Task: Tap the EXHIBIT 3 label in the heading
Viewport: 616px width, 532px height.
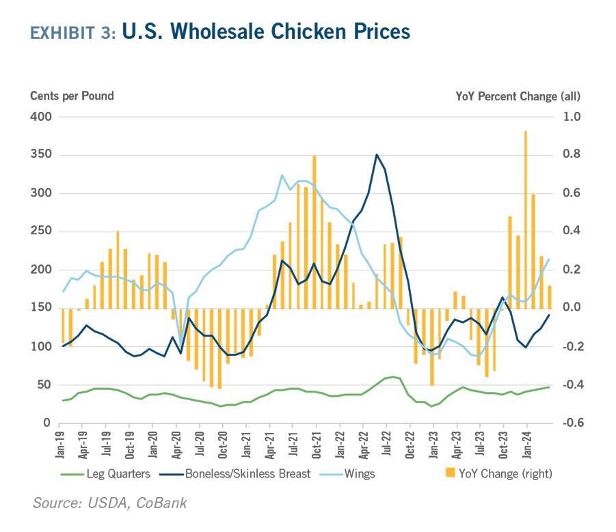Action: (x=73, y=33)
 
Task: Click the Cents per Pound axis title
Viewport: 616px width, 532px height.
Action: (x=72, y=96)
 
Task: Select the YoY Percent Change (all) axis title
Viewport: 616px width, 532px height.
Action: (x=518, y=96)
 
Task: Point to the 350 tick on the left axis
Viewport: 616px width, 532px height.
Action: (x=41, y=154)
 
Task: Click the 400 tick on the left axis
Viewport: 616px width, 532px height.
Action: (x=41, y=117)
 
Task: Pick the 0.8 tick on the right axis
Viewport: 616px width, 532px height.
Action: (x=571, y=154)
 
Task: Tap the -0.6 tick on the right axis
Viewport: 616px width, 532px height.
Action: (x=571, y=423)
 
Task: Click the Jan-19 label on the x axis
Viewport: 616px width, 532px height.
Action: (x=59, y=445)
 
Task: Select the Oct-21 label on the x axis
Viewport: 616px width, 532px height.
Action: (x=317, y=445)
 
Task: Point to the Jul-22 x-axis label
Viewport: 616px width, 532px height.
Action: (x=386, y=443)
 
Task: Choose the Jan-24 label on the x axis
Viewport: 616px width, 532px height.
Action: (x=527, y=445)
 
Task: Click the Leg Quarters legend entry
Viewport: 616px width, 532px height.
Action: (x=106, y=474)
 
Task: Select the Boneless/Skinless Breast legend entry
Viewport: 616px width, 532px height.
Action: (x=235, y=474)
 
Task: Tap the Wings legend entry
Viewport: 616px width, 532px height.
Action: (x=347, y=474)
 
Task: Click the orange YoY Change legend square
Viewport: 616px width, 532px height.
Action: (x=451, y=473)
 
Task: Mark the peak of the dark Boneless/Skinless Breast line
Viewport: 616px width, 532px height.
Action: (x=377, y=154)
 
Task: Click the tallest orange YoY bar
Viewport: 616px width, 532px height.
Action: (x=526, y=220)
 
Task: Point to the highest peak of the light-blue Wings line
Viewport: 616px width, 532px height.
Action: (x=282, y=175)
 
